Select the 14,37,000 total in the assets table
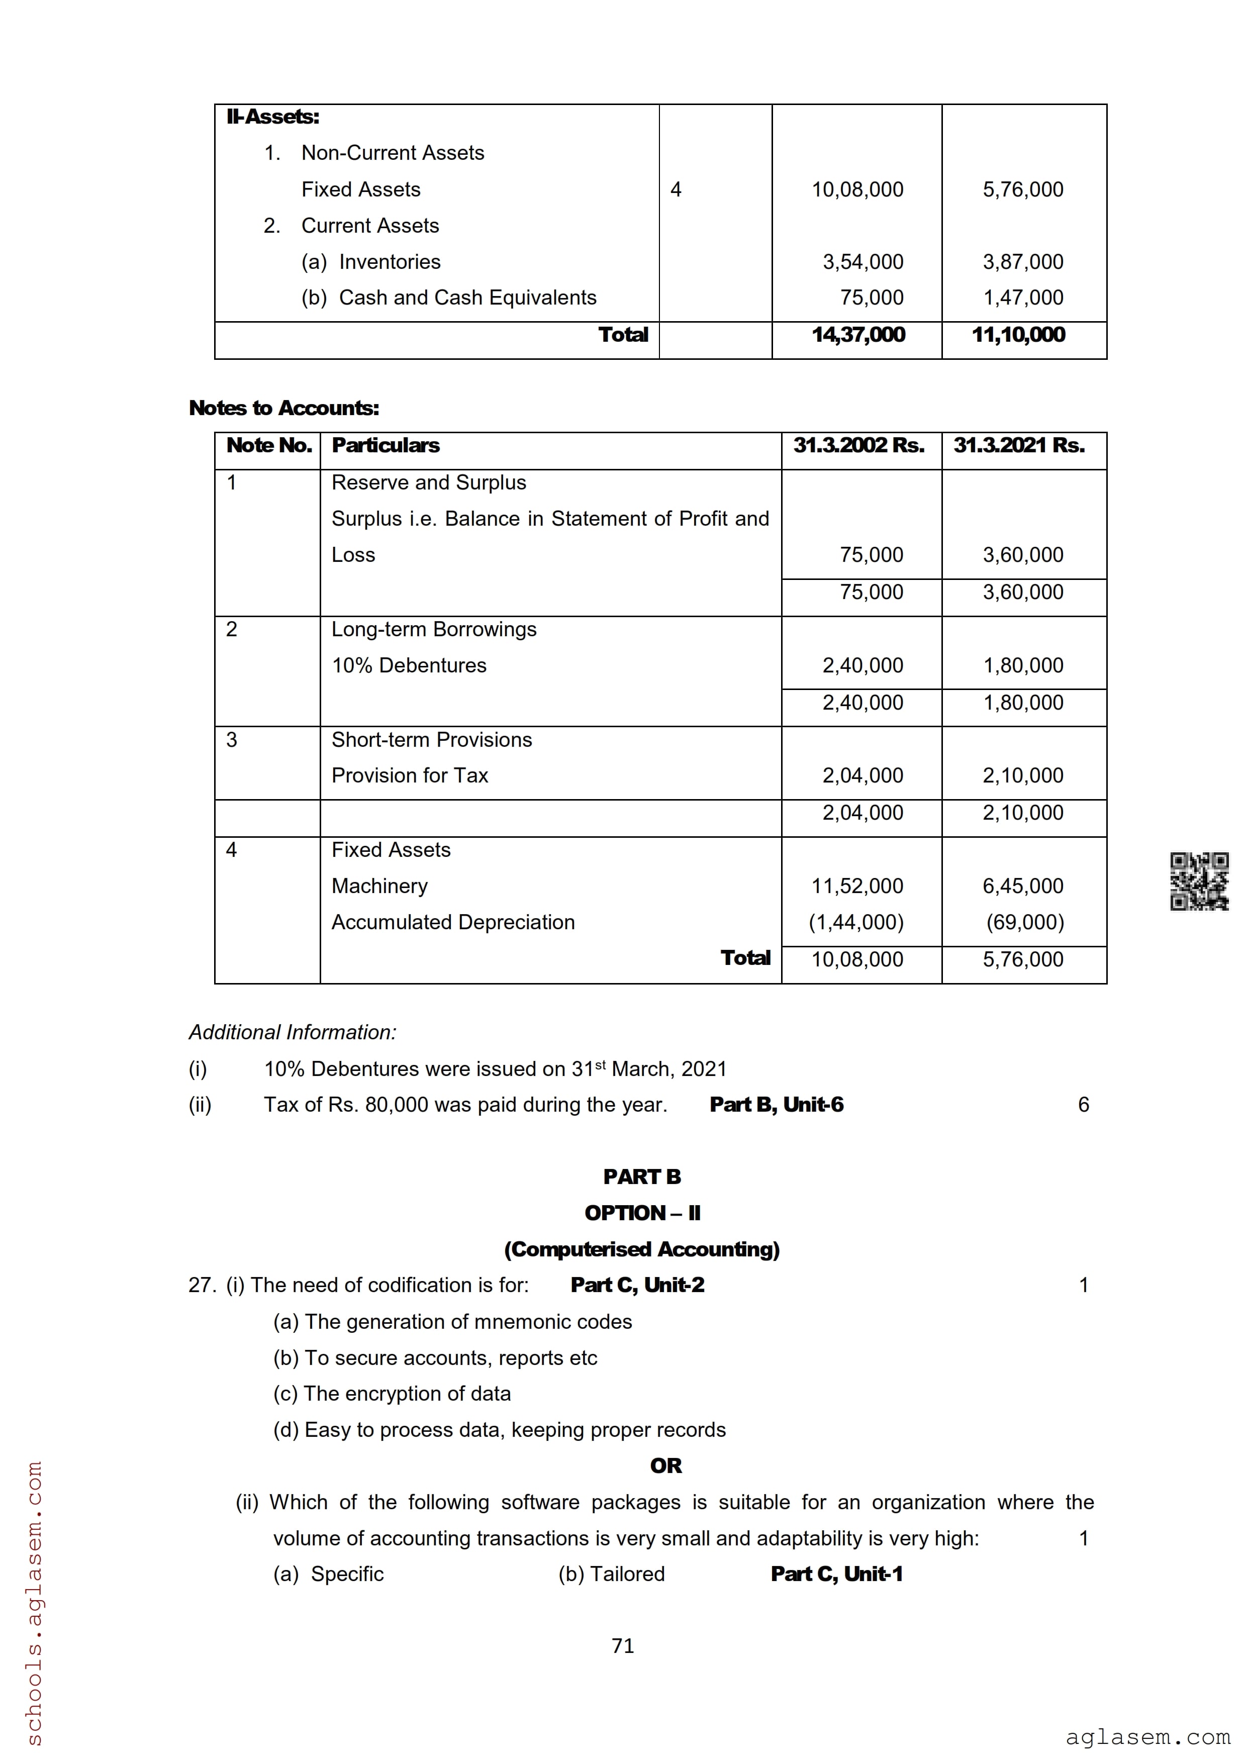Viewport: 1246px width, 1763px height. [x=858, y=335]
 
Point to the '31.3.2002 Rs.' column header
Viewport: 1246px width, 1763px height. [x=858, y=445]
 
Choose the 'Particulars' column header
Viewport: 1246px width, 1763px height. [x=386, y=445]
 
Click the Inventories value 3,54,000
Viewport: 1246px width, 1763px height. [x=863, y=262]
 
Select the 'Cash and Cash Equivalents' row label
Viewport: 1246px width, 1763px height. [x=467, y=298]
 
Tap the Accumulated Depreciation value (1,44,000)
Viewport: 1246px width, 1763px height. [x=856, y=922]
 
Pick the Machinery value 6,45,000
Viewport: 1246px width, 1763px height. [x=1023, y=886]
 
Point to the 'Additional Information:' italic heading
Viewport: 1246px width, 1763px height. [x=293, y=1032]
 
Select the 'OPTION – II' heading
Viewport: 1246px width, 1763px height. [x=642, y=1213]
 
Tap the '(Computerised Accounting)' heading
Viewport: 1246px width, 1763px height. [x=642, y=1249]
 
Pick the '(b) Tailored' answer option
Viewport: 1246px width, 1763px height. [x=611, y=1574]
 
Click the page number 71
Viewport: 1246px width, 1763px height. [x=623, y=1645]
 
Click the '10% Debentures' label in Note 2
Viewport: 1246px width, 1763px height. [x=409, y=666]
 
